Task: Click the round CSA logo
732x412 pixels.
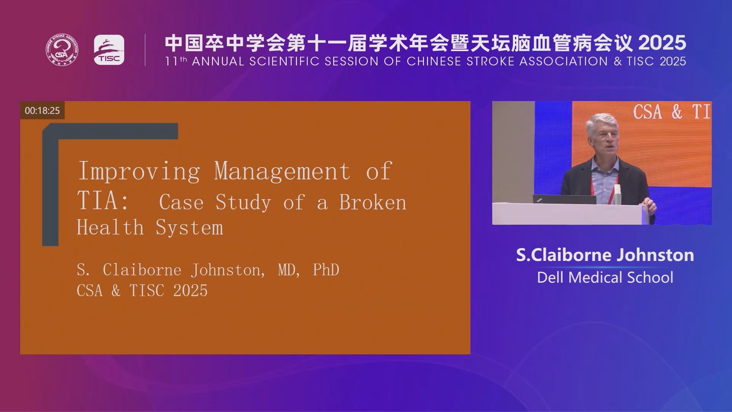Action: [x=63, y=50]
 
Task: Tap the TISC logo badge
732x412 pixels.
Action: [x=109, y=50]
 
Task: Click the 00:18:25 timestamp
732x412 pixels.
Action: [x=42, y=111]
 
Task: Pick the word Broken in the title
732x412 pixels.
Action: [x=373, y=202]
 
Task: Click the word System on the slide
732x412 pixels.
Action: [x=189, y=228]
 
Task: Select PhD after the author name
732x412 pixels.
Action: [x=326, y=270]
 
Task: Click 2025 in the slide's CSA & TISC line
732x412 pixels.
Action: [x=191, y=290]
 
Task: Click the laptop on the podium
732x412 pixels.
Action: [x=564, y=199]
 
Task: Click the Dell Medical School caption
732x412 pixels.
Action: [x=605, y=277]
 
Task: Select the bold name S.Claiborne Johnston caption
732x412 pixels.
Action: [x=605, y=255]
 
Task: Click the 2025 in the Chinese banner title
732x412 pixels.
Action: [x=662, y=43]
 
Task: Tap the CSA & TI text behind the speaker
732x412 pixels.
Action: [x=672, y=112]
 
